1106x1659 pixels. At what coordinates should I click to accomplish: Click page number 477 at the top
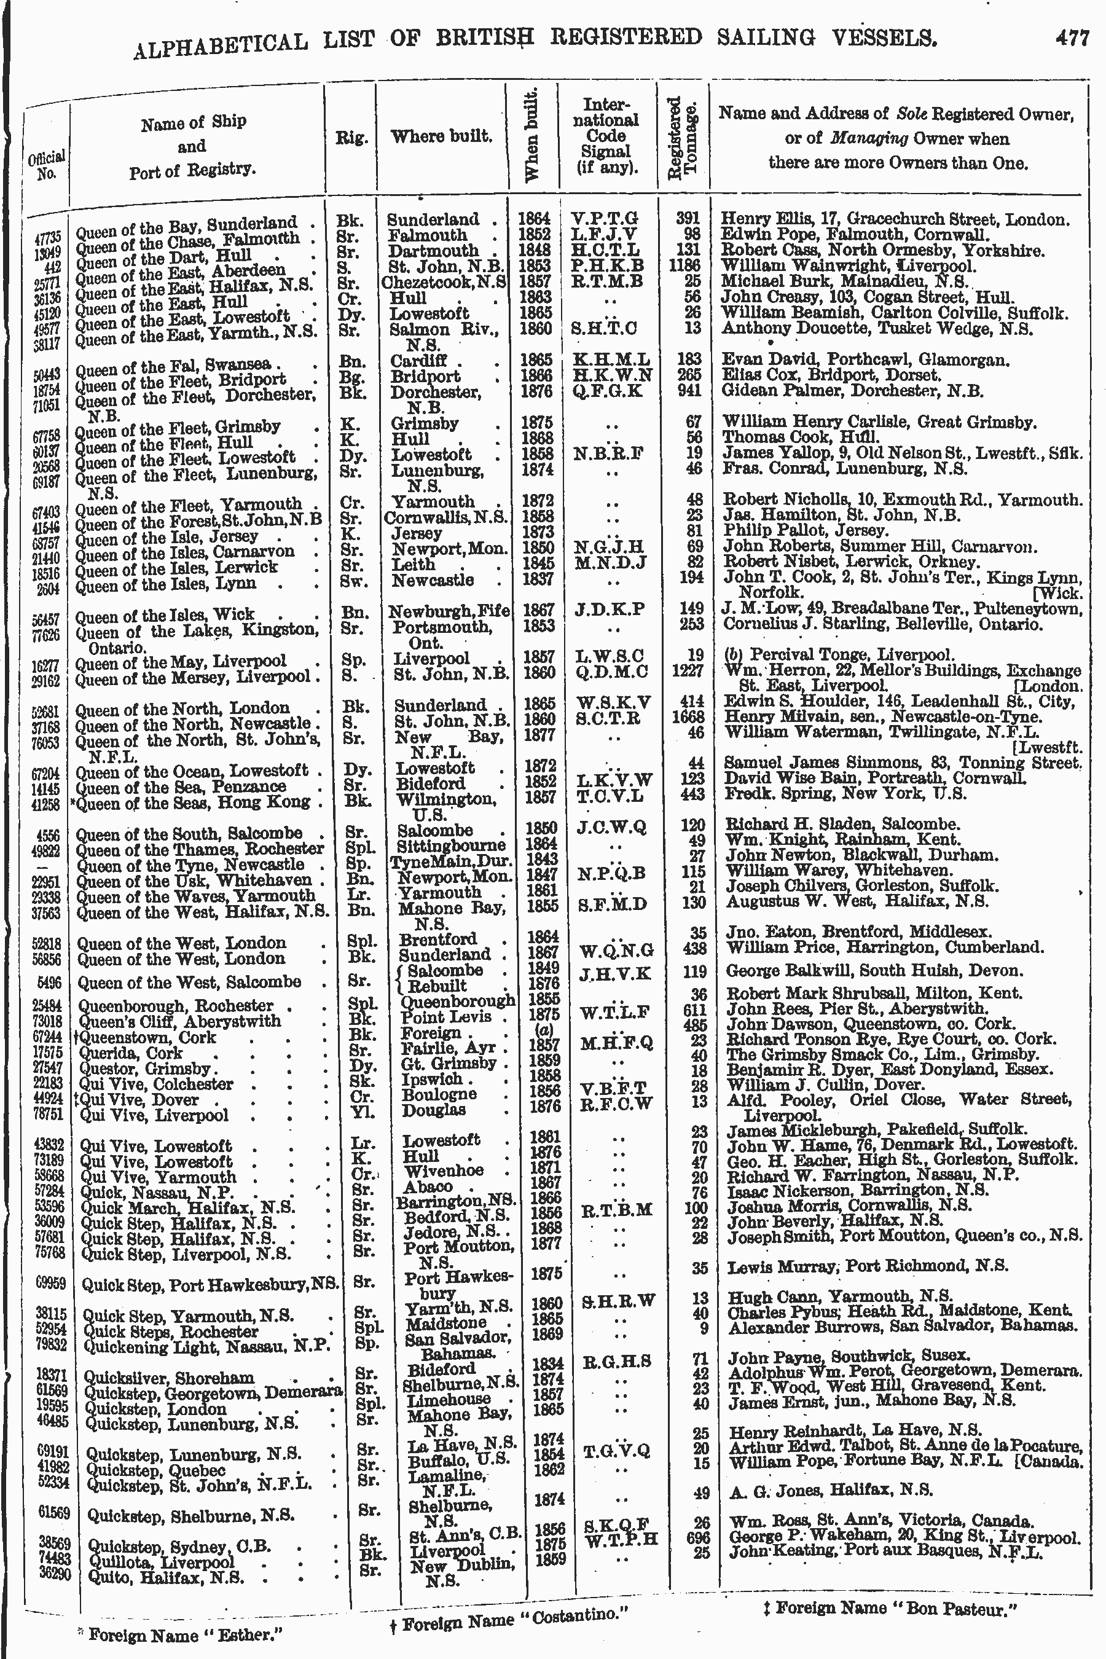click(x=1072, y=37)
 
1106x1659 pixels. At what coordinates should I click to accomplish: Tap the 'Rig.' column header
click(x=351, y=138)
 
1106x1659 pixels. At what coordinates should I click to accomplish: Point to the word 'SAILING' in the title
click(x=767, y=37)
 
